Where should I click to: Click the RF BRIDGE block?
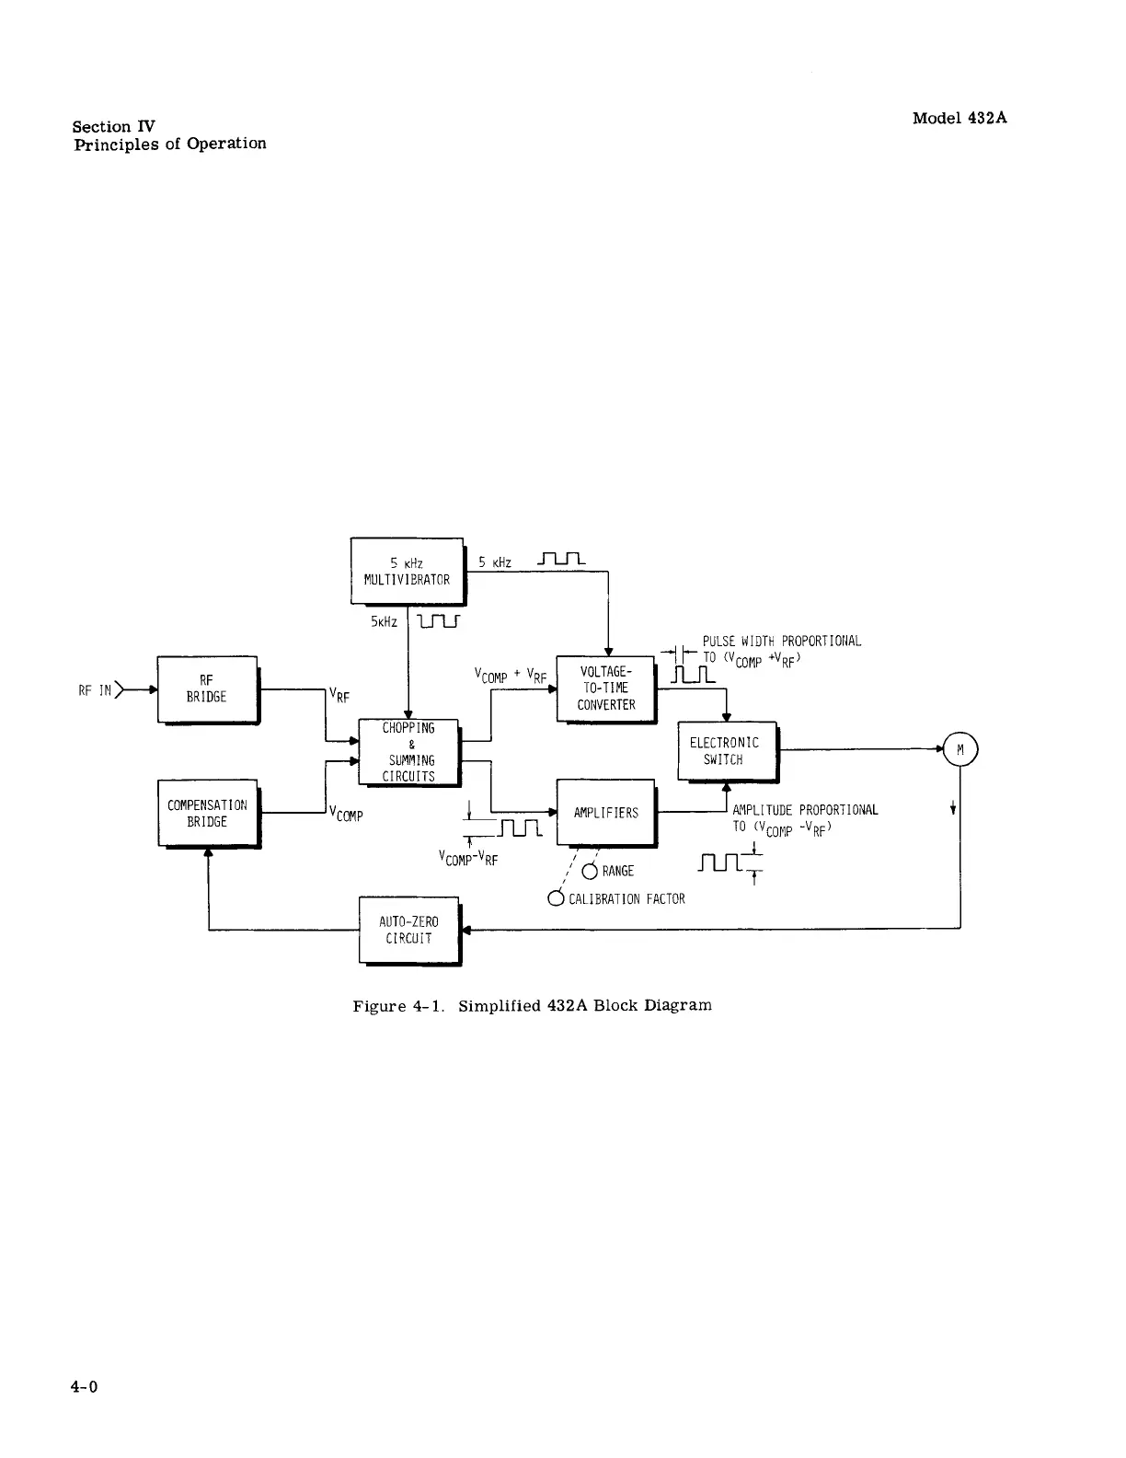pos(207,689)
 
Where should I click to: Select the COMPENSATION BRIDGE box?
pos(208,813)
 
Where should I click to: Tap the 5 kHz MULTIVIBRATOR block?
pos(407,571)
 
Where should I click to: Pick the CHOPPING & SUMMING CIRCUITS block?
pos(408,752)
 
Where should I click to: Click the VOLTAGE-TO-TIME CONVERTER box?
pos(605,688)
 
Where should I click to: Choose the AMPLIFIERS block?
pos(605,813)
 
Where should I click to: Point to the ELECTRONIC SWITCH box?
pos(726,751)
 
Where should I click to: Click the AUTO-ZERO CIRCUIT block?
pos(408,930)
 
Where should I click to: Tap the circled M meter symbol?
pos(959,750)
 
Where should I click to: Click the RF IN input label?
pos(95,689)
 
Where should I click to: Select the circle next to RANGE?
pos(590,872)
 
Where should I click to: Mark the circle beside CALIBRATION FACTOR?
pos(556,898)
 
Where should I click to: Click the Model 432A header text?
pos(959,118)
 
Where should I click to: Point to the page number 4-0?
pos(84,1387)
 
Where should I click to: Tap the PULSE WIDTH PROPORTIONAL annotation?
pos(782,642)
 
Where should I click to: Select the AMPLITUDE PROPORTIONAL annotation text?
pos(805,810)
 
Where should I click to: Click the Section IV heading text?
pos(115,127)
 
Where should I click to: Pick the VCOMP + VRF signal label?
pos(511,677)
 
